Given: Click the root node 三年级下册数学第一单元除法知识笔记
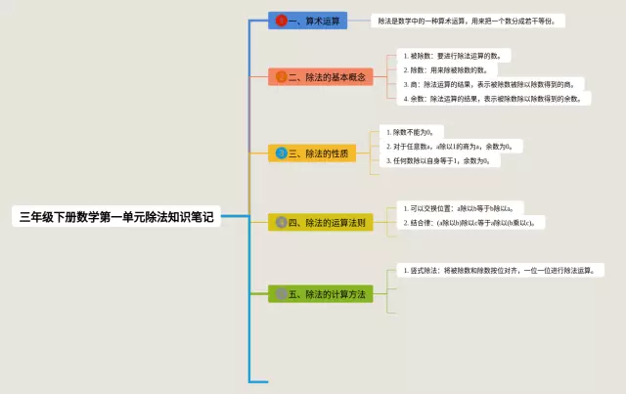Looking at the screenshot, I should (x=115, y=217).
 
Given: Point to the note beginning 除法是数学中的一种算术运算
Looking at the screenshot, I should (x=469, y=20).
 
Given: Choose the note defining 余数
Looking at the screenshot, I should (x=495, y=98).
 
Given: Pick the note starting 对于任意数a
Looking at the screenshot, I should (x=455, y=146).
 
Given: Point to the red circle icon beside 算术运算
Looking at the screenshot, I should (x=282, y=20).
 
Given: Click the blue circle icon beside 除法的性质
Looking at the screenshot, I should (x=282, y=153).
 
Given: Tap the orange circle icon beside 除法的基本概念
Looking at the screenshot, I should (x=282, y=76).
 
